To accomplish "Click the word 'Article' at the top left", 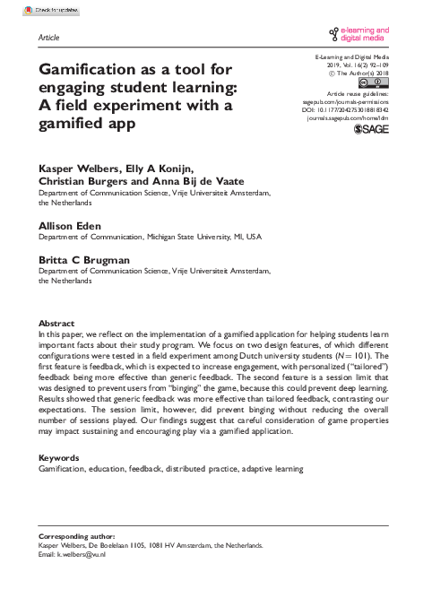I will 50,39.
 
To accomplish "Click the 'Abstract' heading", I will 56,321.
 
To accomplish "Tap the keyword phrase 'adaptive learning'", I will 273,468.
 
